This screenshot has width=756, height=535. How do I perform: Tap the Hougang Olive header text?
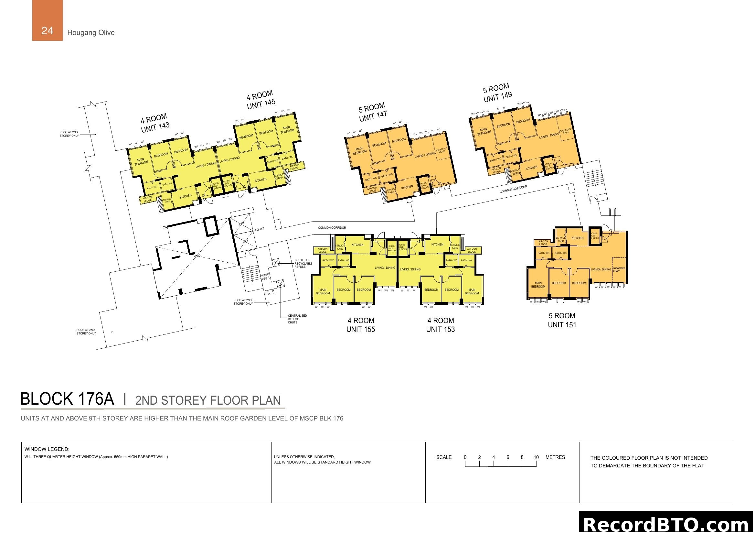pos(91,33)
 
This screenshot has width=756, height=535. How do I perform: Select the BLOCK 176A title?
pos(67,399)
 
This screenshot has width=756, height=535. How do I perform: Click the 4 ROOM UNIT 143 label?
pos(155,123)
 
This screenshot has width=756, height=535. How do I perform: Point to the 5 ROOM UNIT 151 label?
pos(562,320)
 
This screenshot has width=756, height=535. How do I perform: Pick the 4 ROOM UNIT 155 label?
pos(361,325)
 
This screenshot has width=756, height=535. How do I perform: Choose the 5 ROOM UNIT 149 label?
pos(497,93)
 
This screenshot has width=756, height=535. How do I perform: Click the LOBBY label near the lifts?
pos(260,229)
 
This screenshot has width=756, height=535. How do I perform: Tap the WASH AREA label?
pos(265,276)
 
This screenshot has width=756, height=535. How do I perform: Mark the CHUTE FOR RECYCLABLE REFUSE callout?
pos(303,263)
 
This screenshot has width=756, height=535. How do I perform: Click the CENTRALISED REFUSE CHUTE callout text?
pos(297,319)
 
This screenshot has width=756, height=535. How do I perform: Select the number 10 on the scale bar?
pos(536,457)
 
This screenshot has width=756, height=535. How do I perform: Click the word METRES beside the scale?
pos(555,457)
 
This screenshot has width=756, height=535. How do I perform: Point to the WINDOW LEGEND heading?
pos(47,449)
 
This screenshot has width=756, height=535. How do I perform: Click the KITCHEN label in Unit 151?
pos(577,238)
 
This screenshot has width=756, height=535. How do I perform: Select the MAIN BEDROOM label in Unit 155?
pos(323,291)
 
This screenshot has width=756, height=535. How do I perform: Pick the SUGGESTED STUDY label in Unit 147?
pos(441,150)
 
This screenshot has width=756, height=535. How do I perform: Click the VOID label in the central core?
pos(197,256)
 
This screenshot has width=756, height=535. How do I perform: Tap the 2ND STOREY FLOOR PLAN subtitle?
pos(208,400)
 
